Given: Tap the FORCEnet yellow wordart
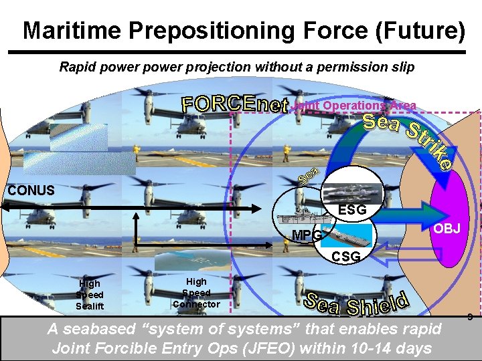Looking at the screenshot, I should point(235,105).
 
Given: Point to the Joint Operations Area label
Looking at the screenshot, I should point(354,106).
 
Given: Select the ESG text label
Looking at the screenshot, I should point(352,210).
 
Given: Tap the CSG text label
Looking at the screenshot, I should point(345,257).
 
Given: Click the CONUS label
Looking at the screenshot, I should point(31,191).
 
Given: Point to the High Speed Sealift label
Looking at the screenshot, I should point(89,295).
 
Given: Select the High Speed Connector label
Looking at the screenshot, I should point(196,293).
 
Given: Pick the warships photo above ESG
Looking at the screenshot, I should point(353,193).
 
